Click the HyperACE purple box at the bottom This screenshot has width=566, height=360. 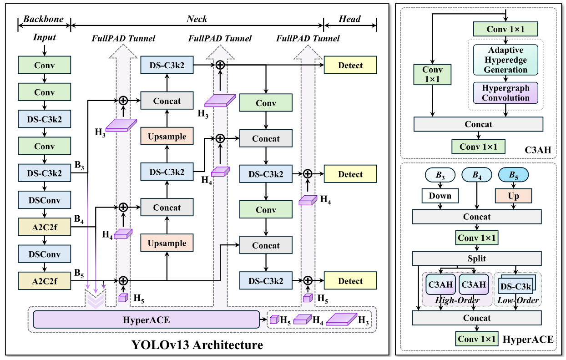click(146, 319)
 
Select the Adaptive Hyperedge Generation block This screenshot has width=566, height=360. click(505, 60)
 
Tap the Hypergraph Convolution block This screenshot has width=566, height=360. click(505, 92)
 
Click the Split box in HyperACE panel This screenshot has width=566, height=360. click(477, 259)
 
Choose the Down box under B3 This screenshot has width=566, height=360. click(440, 196)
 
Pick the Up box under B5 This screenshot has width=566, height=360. click(513, 196)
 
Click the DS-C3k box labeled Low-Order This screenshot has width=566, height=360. click(515, 287)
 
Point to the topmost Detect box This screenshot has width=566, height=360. click(350, 66)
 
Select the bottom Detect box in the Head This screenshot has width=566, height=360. click(350, 281)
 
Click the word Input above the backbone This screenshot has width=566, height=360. click(44, 37)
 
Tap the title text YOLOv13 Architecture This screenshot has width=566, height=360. click(197, 345)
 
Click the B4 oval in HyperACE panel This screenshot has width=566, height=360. click(477, 175)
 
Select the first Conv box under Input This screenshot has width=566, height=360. click(44, 66)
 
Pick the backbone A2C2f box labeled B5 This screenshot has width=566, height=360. click(44, 281)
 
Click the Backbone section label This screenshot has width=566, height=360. click(44, 19)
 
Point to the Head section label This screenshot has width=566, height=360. click(350, 19)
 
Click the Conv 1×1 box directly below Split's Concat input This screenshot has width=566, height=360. click(477, 238)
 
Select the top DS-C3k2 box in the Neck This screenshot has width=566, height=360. click(167, 66)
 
